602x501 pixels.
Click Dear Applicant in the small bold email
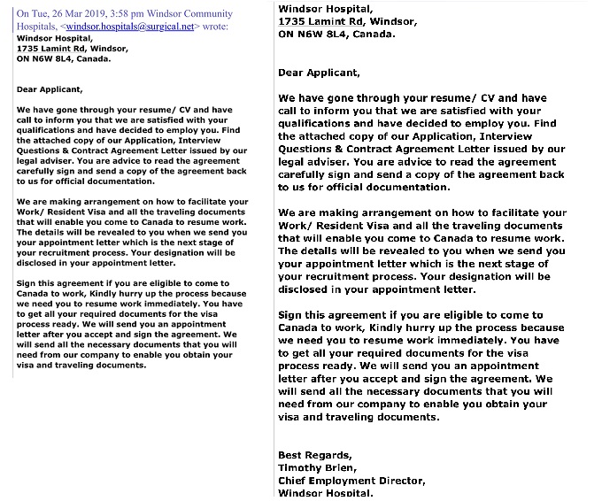pyautogui.click(x=50, y=89)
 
